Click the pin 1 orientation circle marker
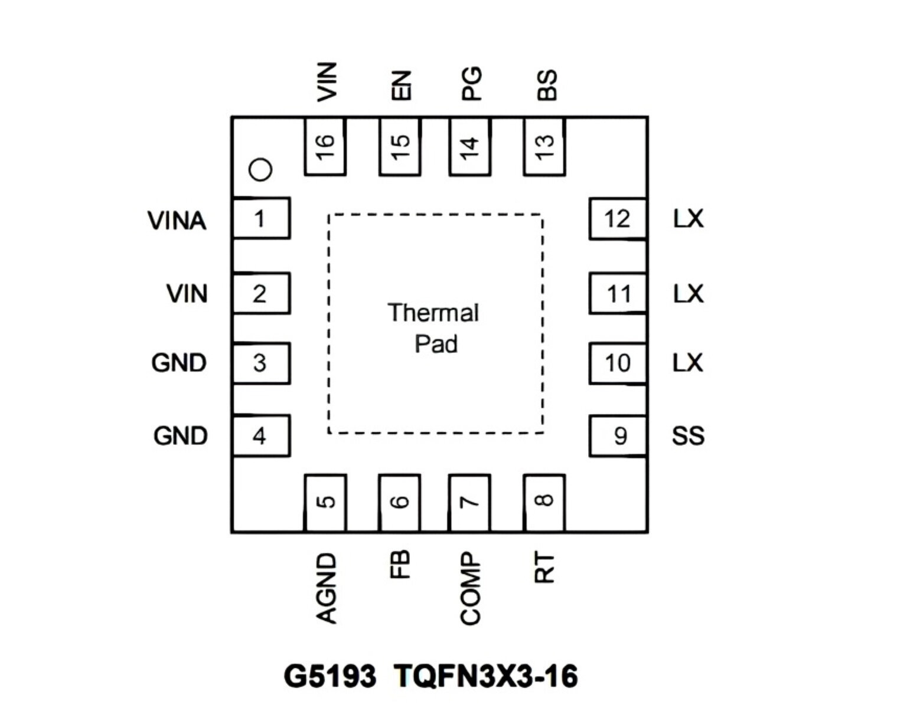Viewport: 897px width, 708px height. pyautogui.click(x=260, y=169)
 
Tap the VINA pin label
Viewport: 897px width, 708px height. pyautogui.click(x=177, y=220)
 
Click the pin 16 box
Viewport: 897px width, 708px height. pyautogui.click(x=325, y=146)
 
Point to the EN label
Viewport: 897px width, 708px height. pyautogui.click(x=402, y=86)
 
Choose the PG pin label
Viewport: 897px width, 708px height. pyautogui.click(x=471, y=83)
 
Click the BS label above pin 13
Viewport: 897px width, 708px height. pyautogui.click(x=546, y=84)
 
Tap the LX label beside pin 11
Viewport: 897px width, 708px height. pyautogui.click(x=688, y=294)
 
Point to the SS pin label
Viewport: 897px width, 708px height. pyautogui.click(x=688, y=435)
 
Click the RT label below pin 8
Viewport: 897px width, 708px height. pyautogui.click(x=544, y=567)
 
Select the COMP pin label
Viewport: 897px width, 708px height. pyautogui.click(x=471, y=588)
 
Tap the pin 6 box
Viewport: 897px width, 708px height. pyautogui.click(x=399, y=503)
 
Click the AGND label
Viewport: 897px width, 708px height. pyautogui.click(x=327, y=588)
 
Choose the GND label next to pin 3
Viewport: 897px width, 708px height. pyautogui.click(x=179, y=363)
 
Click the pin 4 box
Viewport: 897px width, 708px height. pyautogui.click(x=262, y=435)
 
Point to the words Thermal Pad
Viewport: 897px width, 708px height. pyautogui.click(x=434, y=328)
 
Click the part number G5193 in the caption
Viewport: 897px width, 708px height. pyautogui.click(x=330, y=676)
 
